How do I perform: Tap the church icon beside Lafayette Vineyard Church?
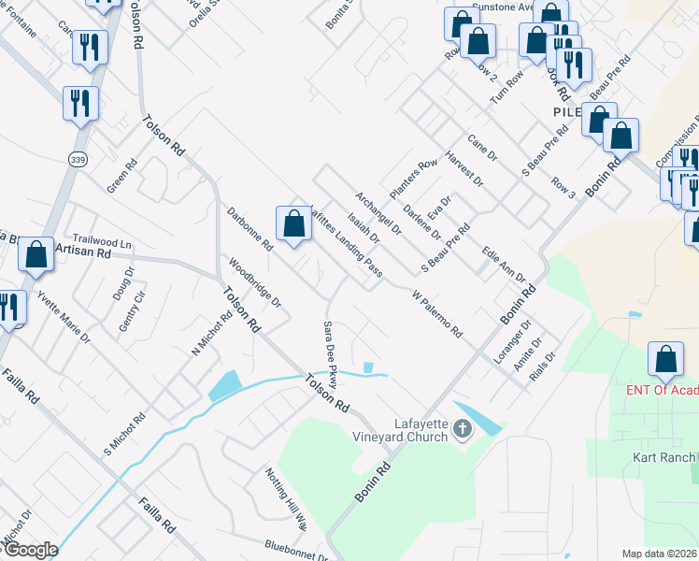click(x=461, y=430)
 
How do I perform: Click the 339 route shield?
click(x=78, y=159)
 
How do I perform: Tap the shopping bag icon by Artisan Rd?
click(x=36, y=255)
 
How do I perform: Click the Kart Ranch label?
click(x=663, y=457)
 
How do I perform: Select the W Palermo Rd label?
click(x=437, y=313)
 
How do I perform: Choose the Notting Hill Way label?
click(x=286, y=499)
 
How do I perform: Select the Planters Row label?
click(x=414, y=178)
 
